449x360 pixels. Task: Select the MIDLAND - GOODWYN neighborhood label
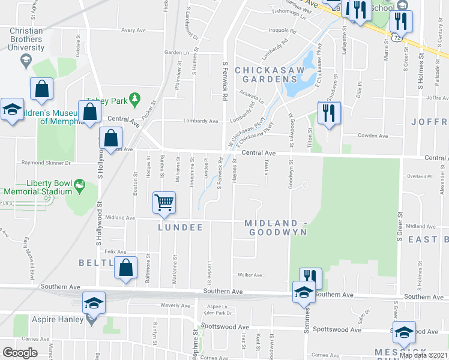[x=276, y=227]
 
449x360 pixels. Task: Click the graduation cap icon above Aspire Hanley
[x=94, y=302]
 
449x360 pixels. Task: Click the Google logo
[x=20, y=353]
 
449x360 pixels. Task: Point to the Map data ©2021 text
[x=423, y=355]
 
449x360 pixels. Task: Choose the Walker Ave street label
[x=250, y=275]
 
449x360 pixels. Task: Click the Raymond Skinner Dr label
[x=46, y=163]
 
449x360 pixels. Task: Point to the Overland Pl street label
[x=419, y=176]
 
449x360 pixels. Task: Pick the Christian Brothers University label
[x=26, y=39]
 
